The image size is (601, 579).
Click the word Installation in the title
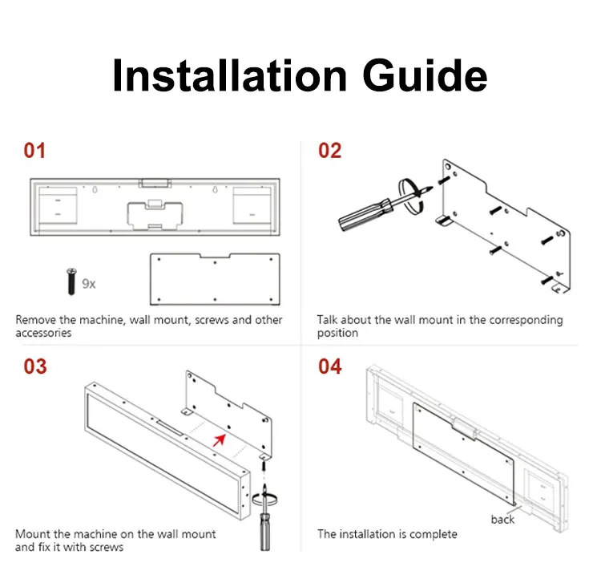click(x=230, y=75)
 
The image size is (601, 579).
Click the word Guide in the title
click(x=425, y=75)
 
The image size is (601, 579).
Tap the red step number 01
click(x=34, y=151)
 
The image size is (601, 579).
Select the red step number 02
click(x=329, y=151)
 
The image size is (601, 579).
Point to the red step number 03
click(x=35, y=366)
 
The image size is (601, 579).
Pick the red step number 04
click(x=329, y=366)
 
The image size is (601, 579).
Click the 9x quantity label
click(x=89, y=284)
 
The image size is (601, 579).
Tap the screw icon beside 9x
click(x=71, y=281)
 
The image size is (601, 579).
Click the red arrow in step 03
click(x=220, y=440)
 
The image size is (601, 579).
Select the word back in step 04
click(x=502, y=520)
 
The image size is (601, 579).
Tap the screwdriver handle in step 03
click(x=265, y=532)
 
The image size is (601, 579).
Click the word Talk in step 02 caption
click(x=327, y=320)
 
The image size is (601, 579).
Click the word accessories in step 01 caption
click(x=43, y=333)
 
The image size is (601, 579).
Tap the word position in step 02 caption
click(x=337, y=333)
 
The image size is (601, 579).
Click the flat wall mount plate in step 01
click(x=215, y=279)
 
